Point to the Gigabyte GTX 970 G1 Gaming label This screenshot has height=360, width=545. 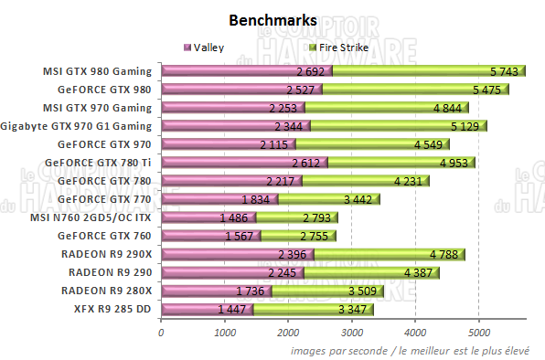79,125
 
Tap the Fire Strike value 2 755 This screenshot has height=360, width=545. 306,237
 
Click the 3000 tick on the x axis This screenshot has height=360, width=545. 352,332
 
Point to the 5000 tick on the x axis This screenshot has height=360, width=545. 479,332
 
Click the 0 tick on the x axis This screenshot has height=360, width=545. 161,332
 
